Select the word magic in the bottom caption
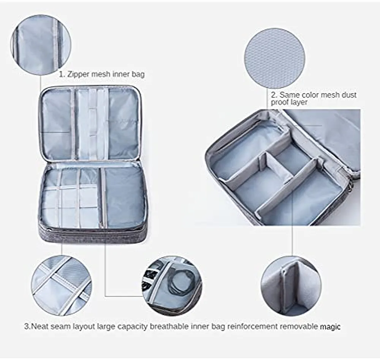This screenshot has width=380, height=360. [x=330, y=327]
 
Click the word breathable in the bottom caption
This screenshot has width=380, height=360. [x=169, y=326]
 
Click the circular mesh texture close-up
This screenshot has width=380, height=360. [x=275, y=58]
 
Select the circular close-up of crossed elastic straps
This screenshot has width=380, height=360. [x=62, y=286]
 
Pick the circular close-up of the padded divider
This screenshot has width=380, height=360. [x=291, y=286]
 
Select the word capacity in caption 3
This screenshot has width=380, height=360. [x=132, y=326]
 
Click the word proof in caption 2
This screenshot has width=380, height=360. [x=280, y=102]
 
